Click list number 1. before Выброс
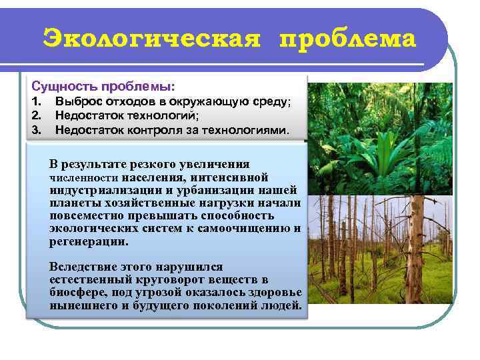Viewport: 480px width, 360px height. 37,102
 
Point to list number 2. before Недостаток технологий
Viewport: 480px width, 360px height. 37,116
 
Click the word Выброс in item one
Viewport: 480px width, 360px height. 77,102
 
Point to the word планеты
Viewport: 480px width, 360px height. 73,203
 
